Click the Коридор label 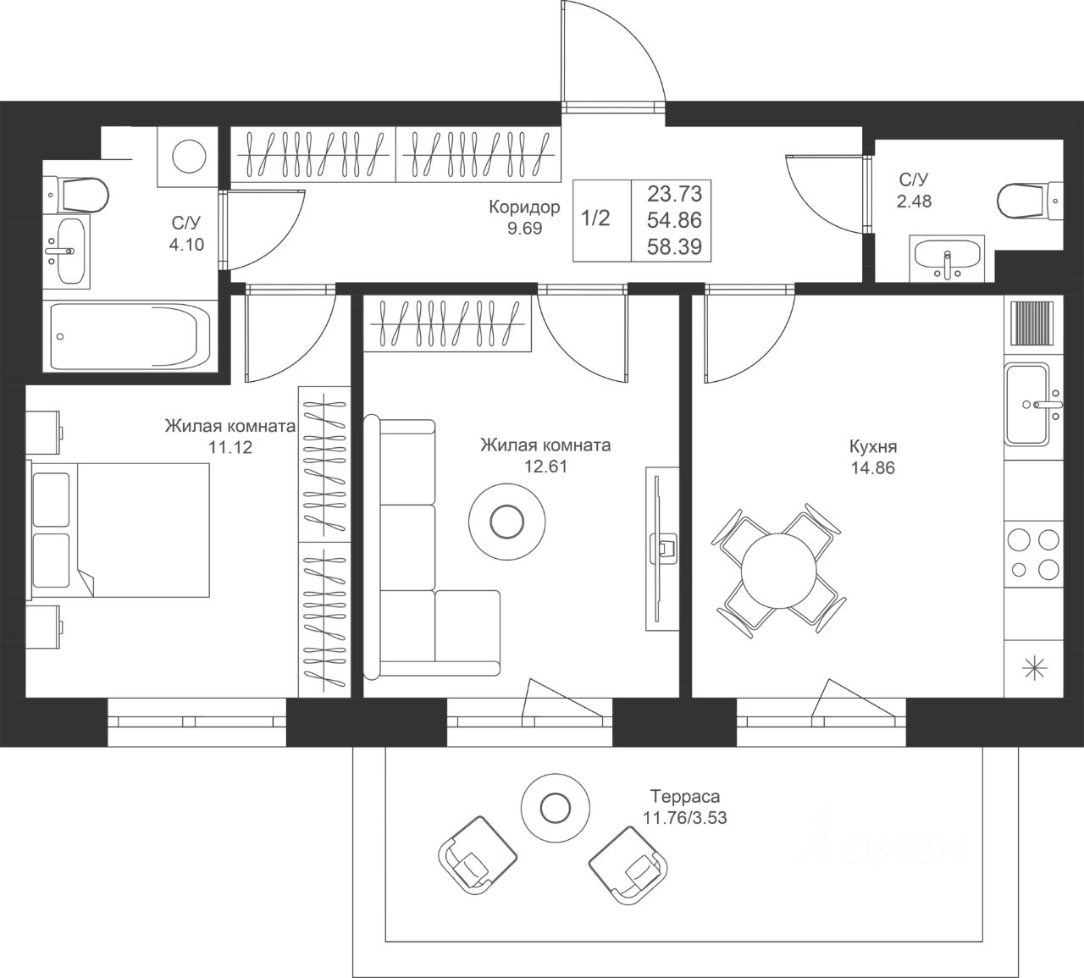[x=524, y=207]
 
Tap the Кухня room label [x=873, y=447]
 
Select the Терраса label [x=685, y=797]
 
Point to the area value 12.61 [x=545, y=467]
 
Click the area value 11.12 [x=230, y=447]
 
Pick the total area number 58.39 [x=674, y=247]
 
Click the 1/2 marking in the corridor [x=595, y=218]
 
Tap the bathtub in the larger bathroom [x=130, y=336]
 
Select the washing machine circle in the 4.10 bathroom [x=189, y=157]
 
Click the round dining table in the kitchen [x=778, y=571]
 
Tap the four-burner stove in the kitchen [x=1034, y=555]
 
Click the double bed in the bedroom [x=119, y=530]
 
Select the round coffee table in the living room [x=507, y=522]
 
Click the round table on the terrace [x=556, y=809]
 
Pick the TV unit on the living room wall [x=662, y=549]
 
